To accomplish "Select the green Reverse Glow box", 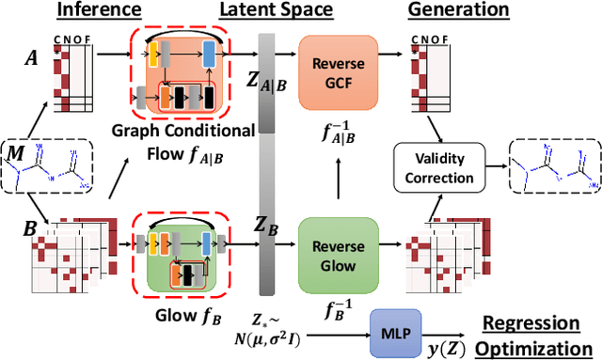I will [337, 245].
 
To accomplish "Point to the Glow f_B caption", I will [182, 305].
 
